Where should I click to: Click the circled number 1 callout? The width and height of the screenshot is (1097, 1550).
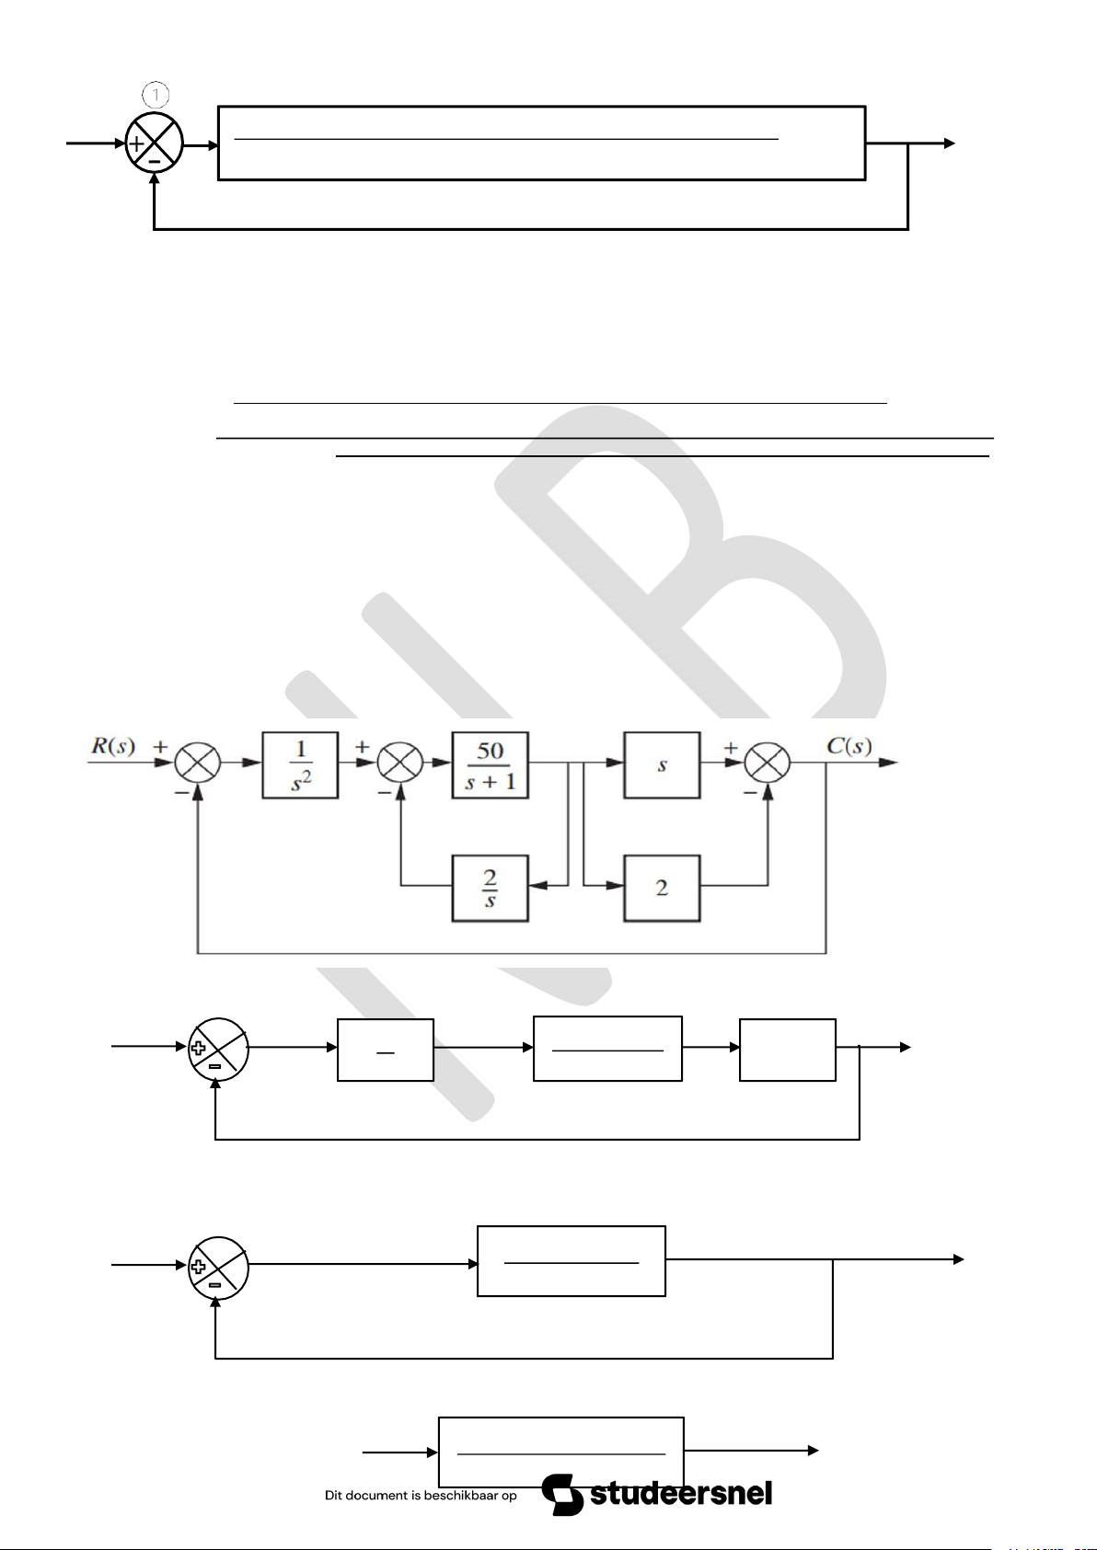coord(155,94)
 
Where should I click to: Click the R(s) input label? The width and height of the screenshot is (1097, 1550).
coord(113,747)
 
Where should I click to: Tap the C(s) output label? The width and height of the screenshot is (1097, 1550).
coord(849,746)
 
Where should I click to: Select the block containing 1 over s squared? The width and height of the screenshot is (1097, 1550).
coord(300,765)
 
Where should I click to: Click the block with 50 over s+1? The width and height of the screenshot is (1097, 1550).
coord(490,765)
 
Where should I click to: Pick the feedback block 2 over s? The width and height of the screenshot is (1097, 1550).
coord(490,889)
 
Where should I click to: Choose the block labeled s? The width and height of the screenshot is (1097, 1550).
coord(662,765)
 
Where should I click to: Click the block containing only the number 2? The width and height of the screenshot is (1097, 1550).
coord(662,889)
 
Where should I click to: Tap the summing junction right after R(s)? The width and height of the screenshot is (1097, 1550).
coord(198,763)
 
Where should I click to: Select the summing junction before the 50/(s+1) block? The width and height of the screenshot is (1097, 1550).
coord(400,763)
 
